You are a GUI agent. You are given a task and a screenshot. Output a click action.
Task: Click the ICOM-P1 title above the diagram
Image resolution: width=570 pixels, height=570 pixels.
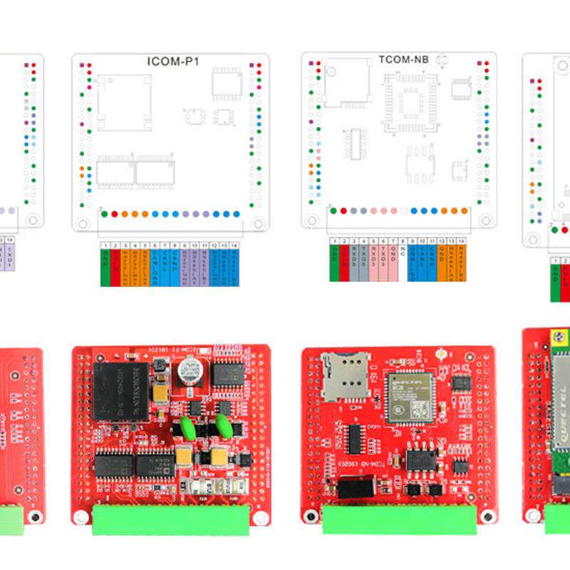tap(173, 61)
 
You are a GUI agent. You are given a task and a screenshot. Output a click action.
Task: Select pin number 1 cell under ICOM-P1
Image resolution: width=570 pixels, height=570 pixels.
tap(105, 244)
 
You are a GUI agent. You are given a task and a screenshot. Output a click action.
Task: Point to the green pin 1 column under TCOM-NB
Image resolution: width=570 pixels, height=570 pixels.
tap(333, 264)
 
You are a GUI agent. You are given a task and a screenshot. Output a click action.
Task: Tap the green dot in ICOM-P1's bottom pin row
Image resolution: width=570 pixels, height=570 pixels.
tap(105, 213)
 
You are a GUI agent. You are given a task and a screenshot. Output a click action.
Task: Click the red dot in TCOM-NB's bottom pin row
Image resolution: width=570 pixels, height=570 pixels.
tap(343, 211)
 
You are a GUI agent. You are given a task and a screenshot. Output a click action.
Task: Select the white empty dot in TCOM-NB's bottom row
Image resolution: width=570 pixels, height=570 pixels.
tap(403, 211)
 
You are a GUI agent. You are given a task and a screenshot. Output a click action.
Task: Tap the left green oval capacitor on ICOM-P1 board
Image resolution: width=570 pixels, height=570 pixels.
tap(190, 427)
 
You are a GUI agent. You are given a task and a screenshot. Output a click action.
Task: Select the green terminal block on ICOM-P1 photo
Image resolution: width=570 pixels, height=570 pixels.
tap(171, 519)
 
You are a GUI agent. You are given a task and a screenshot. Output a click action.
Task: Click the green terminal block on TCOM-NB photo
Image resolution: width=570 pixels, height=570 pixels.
tap(400, 519)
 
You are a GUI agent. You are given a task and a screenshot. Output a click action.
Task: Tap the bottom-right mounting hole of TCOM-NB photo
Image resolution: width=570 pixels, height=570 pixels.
tap(487, 515)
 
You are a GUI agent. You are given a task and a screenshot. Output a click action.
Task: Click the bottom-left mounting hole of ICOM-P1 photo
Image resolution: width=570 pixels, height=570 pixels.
tap(83, 514)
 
